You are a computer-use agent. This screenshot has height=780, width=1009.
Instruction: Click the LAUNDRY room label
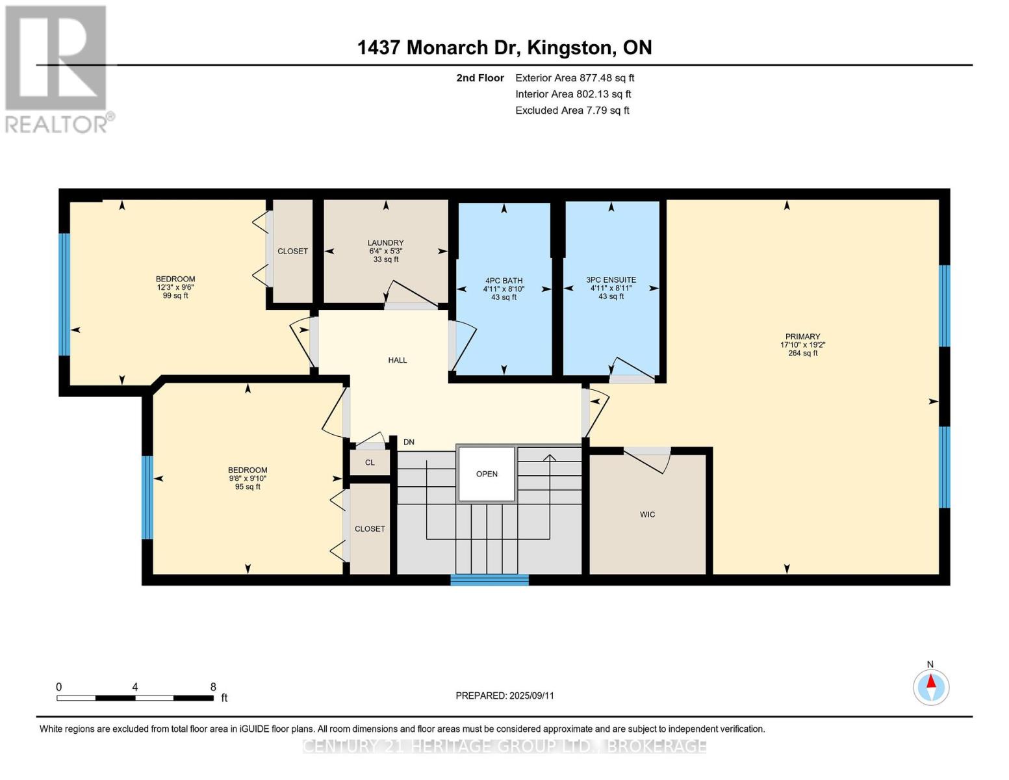(x=385, y=243)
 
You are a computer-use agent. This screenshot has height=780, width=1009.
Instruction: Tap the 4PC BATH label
(x=504, y=281)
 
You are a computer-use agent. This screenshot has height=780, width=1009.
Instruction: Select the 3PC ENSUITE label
(x=611, y=279)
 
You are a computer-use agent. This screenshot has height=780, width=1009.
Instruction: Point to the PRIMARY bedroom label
(x=803, y=336)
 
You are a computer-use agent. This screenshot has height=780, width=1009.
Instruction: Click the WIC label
(x=647, y=514)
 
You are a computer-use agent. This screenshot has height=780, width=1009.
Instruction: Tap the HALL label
(x=398, y=360)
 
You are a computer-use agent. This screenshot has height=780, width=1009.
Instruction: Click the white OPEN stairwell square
(x=487, y=474)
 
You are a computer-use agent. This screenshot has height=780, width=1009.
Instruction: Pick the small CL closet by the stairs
(x=370, y=463)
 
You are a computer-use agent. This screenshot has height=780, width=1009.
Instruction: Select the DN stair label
(x=409, y=442)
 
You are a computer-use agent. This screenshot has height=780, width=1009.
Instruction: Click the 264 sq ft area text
(x=803, y=353)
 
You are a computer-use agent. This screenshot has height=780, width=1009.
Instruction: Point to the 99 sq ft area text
(x=175, y=296)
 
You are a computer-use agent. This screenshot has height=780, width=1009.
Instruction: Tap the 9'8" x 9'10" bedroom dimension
(x=248, y=478)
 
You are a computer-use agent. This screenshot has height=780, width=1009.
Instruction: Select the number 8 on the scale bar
(x=213, y=687)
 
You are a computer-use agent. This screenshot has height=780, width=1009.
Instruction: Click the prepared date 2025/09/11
(x=531, y=695)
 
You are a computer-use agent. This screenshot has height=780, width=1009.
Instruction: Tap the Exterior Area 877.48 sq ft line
(x=574, y=78)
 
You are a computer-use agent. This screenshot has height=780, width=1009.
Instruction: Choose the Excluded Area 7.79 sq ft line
(x=572, y=110)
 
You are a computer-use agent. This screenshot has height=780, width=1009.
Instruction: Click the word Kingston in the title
(x=568, y=48)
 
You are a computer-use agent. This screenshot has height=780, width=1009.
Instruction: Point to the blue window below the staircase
(x=489, y=580)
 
